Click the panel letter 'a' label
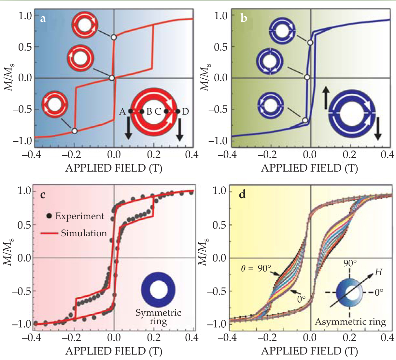pos(43,19)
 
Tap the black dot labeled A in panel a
pos(131,111)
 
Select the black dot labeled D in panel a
pos(177,111)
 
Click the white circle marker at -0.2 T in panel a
pos(74,131)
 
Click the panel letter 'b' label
pos(244,19)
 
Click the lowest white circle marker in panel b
pos(305,120)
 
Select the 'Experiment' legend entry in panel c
pos(76,216)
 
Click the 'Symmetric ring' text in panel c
pos(158,317)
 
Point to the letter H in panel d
pos(378,272)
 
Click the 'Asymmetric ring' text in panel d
pos(350,322)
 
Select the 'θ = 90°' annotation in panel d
pos(256,268)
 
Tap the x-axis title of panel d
pos(309,351)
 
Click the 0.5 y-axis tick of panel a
pos(25,47)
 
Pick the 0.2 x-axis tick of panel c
pos(153,337)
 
